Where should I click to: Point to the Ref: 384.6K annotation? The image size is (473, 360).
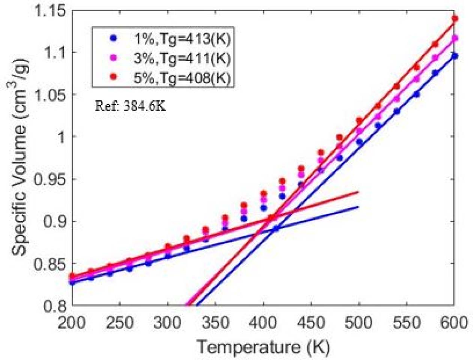(130, 106)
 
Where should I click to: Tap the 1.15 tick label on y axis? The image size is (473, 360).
(50, 11)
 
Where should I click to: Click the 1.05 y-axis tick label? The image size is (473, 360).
(50, 95)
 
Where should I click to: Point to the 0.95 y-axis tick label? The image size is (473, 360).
(50, 179)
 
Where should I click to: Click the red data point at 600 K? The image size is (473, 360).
(455, 18)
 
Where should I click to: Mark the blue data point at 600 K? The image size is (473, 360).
(455, 56)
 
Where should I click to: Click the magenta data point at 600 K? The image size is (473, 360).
(455, 38)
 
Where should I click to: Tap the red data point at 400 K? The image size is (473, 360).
(264, 194)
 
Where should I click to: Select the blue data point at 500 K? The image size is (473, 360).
(359, 142)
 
